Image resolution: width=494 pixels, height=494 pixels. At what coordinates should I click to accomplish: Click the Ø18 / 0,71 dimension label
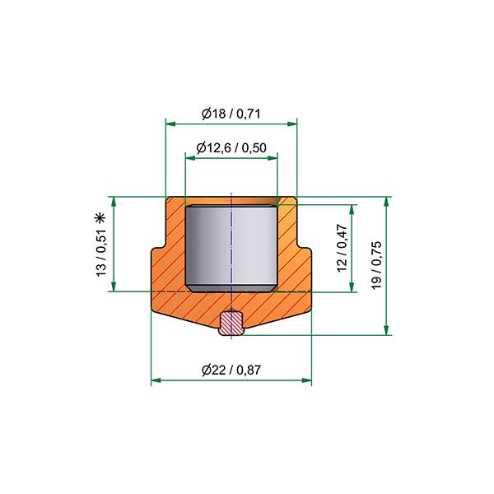coord(231,114)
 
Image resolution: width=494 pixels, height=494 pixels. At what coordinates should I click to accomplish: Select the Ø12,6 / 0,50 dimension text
coord(231,147)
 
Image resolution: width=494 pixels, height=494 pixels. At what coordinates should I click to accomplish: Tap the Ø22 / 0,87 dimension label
coord(231,370)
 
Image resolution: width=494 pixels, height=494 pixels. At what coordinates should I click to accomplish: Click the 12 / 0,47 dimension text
coord(342,248)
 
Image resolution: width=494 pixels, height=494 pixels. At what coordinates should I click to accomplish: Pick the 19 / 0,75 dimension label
coord(376,265)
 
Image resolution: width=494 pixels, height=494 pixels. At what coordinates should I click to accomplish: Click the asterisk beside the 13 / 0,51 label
coord(100,218)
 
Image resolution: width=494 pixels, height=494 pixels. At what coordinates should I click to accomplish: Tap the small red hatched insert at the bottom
coord(231,323)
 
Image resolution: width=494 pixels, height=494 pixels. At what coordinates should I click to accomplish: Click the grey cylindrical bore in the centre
coord(231,249)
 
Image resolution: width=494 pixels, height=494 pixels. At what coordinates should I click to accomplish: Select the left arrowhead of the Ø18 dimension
coord(170,123)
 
